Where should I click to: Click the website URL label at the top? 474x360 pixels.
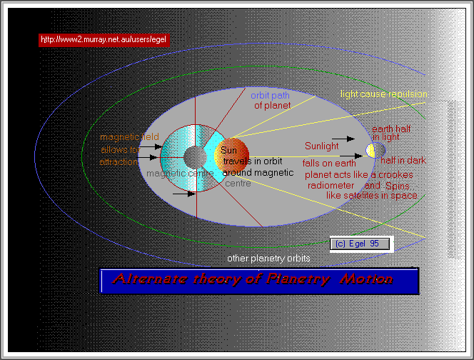104,40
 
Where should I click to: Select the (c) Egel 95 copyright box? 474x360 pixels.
360,244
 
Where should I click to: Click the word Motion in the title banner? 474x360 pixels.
365,279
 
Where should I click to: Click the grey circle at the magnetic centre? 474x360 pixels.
193,156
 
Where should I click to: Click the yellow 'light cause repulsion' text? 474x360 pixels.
383,94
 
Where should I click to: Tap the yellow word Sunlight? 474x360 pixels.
322,146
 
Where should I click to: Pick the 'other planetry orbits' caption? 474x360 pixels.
271,258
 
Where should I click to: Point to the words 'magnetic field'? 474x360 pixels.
129,137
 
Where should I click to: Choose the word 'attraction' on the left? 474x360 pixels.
119,162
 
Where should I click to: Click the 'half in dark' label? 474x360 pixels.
403,161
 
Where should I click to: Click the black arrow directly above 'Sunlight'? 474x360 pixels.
341,137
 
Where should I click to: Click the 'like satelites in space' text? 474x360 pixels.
371,195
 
